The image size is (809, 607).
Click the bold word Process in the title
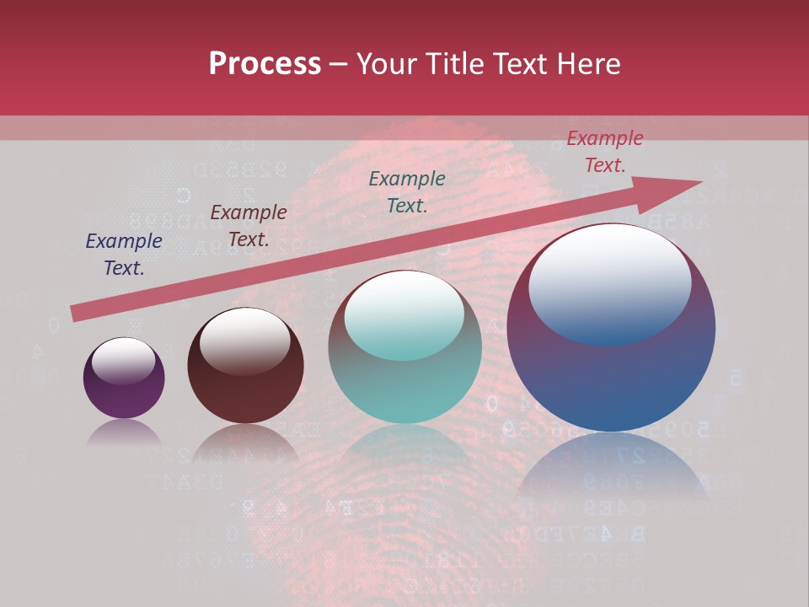(265, 64)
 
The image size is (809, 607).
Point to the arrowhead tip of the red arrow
(701, 181)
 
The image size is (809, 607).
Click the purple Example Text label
(124, 255)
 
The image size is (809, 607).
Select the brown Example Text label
(249, 226)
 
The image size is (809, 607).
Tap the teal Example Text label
(407, 191)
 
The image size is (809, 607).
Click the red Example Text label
(605, 152)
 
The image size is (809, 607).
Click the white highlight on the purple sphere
(123, 360)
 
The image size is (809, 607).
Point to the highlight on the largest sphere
(610, 282)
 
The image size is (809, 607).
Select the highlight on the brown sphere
(244, 339)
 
